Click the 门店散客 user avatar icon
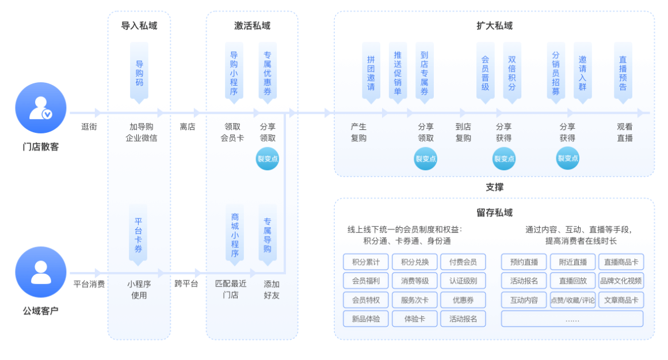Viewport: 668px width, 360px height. click(x=40, y=108)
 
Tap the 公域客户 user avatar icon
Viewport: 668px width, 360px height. click(x=40, y=272)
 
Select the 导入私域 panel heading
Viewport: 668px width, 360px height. click(x=139, y=26)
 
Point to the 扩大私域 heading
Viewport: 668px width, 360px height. click(x=494, y=26)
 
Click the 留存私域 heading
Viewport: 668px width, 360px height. click(x=494, y=213)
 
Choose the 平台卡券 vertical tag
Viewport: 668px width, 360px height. click(x=139, y=235)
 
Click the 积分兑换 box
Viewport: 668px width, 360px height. click(x=415, y=262)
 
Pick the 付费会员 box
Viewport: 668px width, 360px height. click(x=463, y=262)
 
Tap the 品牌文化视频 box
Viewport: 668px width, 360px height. click(x=621, y=281)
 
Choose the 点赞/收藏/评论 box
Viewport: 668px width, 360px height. click(x=572, y=300)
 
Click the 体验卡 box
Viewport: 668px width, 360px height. click(x=415, y=319)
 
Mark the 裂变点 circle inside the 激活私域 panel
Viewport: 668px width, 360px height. click(x=268, y=159)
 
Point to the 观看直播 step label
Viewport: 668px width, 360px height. click(x=625, y=132)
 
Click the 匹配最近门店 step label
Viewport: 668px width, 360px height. click(x=230, y=289)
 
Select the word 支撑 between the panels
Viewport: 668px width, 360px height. click(x=494, y=187)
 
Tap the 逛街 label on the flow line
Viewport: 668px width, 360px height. click(x=89, y=127)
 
